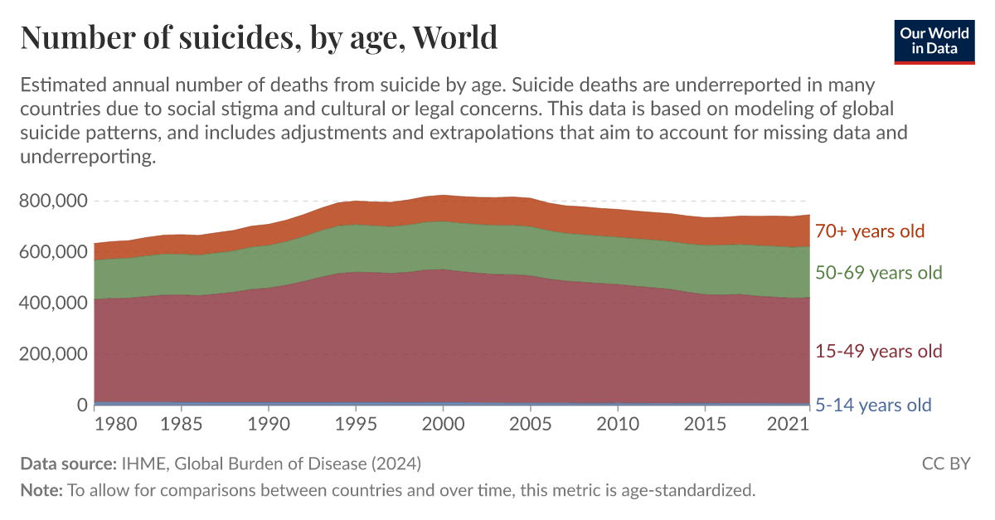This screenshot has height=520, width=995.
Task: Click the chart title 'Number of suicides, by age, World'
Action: click(259, 37)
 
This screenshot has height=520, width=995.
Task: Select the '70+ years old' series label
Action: click(869, 231)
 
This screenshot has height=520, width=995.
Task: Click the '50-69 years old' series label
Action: click(879, 273)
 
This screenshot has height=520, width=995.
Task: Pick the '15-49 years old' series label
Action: click(879, 352)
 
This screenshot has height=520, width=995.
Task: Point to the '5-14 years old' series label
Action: click(873, 406)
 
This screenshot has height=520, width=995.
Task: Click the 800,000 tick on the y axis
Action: click(53, 201)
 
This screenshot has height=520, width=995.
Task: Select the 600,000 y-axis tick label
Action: click(53, 252)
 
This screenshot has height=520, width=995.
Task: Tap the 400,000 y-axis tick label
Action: click(53, 304)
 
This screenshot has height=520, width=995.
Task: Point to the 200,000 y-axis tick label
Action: click(53, 354)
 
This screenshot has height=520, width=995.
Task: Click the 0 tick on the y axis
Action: click(81, 406)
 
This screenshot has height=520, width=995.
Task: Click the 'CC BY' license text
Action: click(946, 464)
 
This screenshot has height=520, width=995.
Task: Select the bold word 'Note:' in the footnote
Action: click(41, 490)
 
